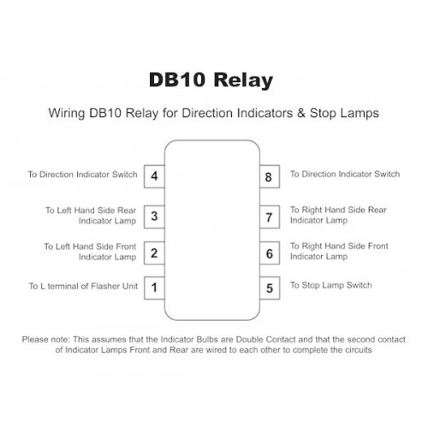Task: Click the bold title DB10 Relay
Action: (x=211, y=80)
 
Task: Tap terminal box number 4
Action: (x=154, y=176)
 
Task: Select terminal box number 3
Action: (x=154, y=217)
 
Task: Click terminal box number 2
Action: (x=154, y=253)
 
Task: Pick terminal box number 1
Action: (x=154, y=288)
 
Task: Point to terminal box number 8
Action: (x=270, y=176)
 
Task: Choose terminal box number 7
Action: (x=270, y=217)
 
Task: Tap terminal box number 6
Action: (x=270, y=253)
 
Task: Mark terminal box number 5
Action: (x=270, y=288)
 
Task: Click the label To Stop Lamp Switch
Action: (x=331, y=285)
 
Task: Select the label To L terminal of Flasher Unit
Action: (x=83, y=286)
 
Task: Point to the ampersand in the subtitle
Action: (x=301, y=113)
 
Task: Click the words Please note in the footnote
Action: (x=45, y=340)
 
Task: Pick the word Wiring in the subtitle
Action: (x=67, y=113)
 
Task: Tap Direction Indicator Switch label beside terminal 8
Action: (x=351, y=174)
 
